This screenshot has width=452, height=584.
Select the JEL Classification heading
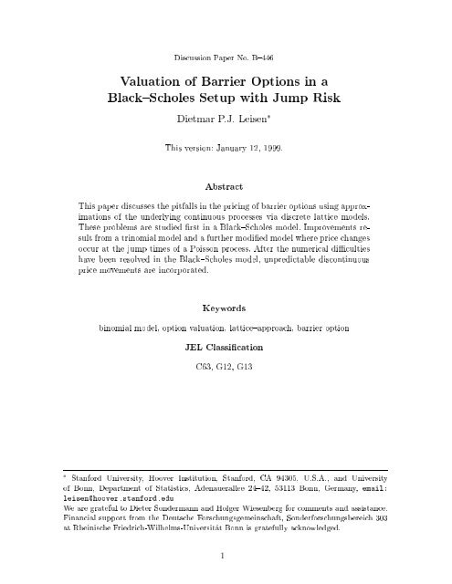(x=225, y=372)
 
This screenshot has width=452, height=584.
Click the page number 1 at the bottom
(x=224, y=555)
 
